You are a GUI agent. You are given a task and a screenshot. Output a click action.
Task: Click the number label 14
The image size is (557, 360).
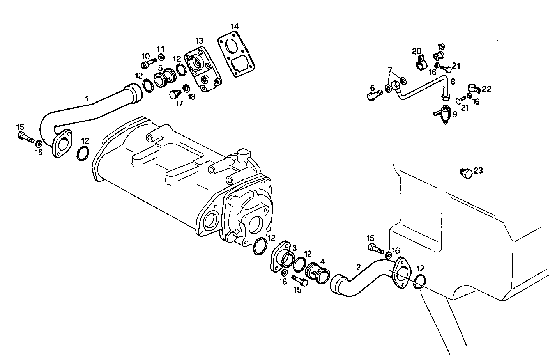234,27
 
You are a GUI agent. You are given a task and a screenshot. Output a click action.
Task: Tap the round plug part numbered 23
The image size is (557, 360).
466,173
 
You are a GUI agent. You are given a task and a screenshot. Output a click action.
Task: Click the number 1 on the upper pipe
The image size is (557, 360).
87,100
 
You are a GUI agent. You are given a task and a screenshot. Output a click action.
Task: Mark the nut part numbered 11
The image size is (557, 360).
161,58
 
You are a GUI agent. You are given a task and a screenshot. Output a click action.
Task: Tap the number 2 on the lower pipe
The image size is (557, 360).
358,267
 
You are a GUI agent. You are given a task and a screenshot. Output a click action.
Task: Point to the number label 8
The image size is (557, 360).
453,82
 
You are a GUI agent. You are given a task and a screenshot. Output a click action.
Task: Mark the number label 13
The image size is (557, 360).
199,41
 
